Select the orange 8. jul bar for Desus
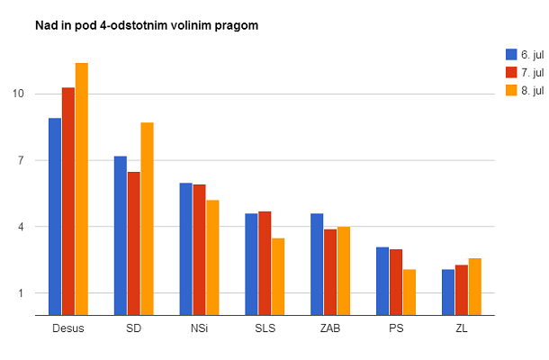pyautogui.click(x=82, y=189)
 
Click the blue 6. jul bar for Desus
pyautogui.click(x=55, y=216)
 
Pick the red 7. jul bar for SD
pyautogui.click(x=134, y=243)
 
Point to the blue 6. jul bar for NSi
pyautogui.click(x=186, y=248)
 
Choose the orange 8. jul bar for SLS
pyautogui.click(x=279, y=276)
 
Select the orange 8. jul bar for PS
pyautogui.click(x=410, y=292)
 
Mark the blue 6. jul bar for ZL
pyautogui.click(x=448, y=292)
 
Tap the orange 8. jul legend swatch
pyautogui.click(x=511, y=90)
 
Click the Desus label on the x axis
pyautogui.click(x=68, y=328)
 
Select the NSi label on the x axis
pyautogui.click(x=200, y=328)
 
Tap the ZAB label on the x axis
pyautogui.click(x=331, y=328)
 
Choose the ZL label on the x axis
pyautogui.click(x=462, y=328)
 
